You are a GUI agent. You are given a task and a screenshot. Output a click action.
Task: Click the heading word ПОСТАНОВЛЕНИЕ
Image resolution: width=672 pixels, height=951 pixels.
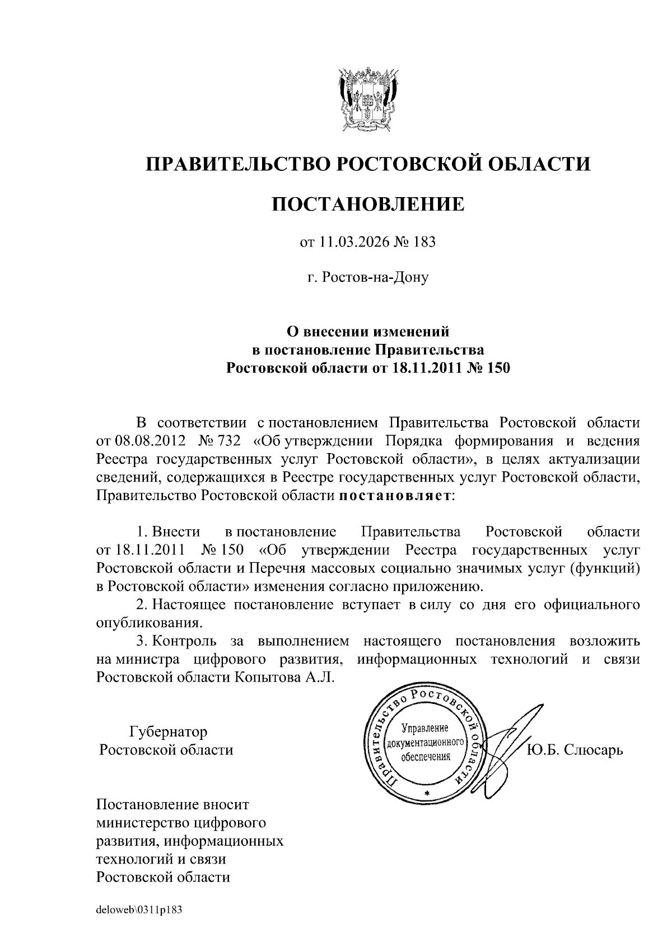(x=368, y=204)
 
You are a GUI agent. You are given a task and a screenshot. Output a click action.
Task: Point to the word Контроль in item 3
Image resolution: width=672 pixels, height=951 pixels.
(x=185, y=641)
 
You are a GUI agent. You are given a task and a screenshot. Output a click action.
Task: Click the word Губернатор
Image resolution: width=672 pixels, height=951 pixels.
(x=169, y=731)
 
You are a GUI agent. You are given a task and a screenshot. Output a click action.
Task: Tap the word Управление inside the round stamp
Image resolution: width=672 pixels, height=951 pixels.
(x=426, y=729)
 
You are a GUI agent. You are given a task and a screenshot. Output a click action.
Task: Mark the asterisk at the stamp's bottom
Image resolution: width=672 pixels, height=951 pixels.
(x=426, y=794)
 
